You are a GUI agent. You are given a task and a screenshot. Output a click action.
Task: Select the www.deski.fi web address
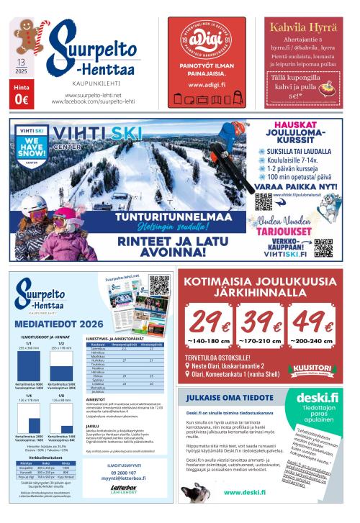coord(246,492)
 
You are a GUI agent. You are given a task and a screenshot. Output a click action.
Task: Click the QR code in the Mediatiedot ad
coord(159,286)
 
